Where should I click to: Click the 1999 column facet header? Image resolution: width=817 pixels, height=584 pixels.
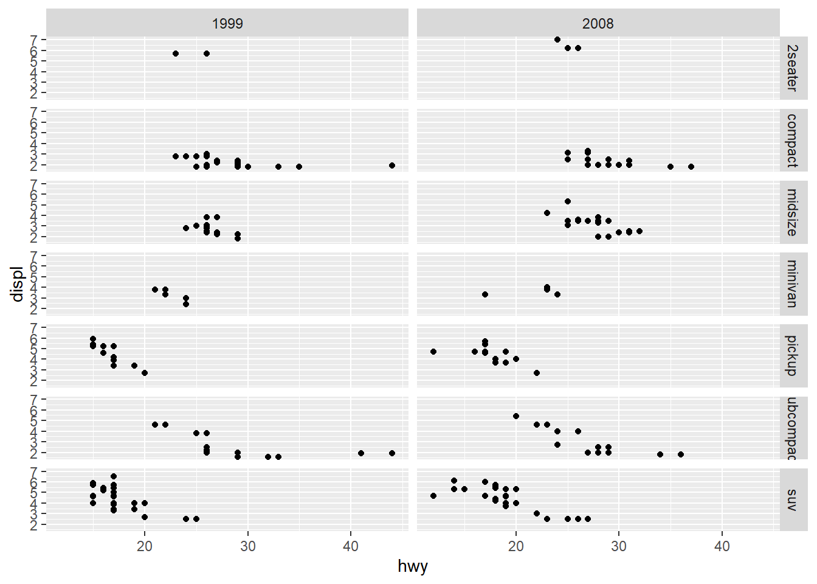[227, 24]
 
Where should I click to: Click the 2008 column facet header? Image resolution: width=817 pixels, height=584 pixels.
[598, 24]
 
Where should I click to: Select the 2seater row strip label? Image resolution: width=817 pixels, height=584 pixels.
[791, 68]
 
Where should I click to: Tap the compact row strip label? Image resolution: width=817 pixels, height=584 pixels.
[791, 140]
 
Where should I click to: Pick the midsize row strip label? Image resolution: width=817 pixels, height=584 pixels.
[791, 212]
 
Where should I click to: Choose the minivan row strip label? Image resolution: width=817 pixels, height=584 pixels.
[791, 283]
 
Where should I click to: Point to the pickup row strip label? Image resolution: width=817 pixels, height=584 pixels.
[791, 355]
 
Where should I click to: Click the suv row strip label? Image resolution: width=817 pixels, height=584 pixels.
[791, 499]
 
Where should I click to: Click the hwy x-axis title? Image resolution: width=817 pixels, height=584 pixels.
[413, 566]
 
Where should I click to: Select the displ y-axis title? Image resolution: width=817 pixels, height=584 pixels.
[17, 283]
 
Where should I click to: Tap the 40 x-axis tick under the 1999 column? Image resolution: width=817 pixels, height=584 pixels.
[351, 546]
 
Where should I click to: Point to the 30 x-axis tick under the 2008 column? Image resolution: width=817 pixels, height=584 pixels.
[619, 546]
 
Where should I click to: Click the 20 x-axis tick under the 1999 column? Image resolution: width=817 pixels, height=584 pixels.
[145, 546]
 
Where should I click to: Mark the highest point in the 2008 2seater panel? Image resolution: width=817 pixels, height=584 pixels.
[557, 40]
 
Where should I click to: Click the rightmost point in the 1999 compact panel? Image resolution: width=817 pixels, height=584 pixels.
[392, 165]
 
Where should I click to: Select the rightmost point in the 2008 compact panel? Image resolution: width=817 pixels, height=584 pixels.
[691, 167]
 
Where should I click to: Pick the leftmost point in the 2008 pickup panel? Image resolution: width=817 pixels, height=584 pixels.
[433, 352]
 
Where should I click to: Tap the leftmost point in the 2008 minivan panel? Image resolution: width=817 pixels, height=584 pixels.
[485, 294]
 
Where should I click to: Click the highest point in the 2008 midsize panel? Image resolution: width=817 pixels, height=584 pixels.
[568, 201]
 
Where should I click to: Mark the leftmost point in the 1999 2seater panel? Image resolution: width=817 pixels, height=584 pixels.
[176, 54]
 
